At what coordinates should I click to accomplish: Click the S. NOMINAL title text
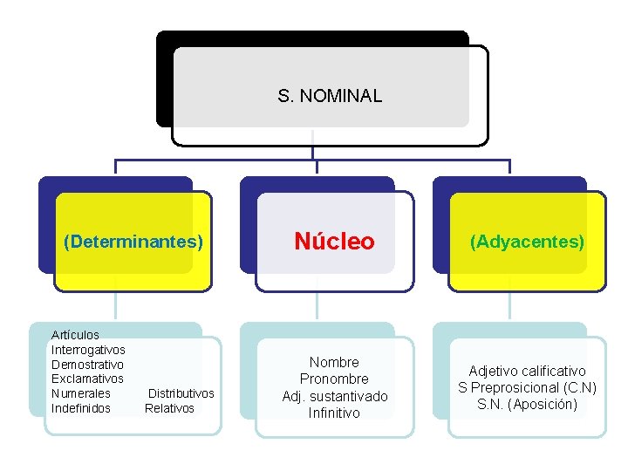coord(330,96)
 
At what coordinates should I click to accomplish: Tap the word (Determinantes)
coord(133,242)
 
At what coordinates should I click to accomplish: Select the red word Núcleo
coord(334,242)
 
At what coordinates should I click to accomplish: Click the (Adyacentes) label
coord(527,242)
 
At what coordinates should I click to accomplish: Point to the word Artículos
coord(75,335)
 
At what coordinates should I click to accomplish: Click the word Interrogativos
coord(88,350)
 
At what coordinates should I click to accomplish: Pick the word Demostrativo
coord(87,365)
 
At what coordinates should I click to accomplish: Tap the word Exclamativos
coord(87,379)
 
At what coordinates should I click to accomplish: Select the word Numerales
coord(81,393)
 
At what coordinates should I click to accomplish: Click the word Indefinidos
coord(81,408)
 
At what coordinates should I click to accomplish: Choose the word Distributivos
coord(181,393)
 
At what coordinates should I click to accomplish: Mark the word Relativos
coord(169,408)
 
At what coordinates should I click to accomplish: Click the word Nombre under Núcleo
coord(334,362)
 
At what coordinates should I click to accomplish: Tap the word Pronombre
coord(334,379)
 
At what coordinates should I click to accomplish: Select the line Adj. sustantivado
coord(334,397)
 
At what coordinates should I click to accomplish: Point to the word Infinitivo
coord(334,413)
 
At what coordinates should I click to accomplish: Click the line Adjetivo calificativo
coord(527,372)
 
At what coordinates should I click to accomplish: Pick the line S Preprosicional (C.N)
coord(527,388)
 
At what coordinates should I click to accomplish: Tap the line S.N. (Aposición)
coord(527,405)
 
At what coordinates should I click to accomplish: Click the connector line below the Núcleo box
coord(317,305)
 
